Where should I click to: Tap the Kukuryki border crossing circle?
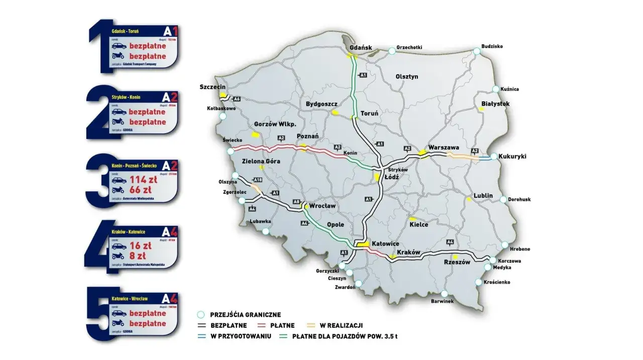494,157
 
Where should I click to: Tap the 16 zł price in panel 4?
141,246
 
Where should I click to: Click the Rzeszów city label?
457,262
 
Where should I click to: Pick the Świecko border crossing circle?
230,151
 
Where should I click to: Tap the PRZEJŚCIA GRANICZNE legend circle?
201,315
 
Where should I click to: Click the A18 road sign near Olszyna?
258,180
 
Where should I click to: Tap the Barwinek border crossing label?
442,301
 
